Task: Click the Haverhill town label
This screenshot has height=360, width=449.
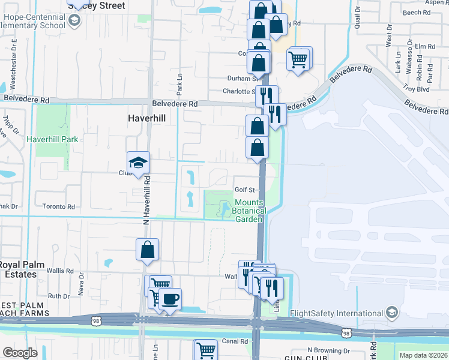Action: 146,119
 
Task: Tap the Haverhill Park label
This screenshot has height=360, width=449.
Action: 52,139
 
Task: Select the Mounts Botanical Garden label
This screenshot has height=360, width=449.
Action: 249,211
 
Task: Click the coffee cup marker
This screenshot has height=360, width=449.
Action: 170,299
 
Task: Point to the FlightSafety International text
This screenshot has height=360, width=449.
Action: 336,313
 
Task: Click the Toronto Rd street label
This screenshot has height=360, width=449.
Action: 59,206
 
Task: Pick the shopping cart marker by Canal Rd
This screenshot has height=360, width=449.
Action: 205,349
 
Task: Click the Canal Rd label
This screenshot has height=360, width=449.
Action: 235,341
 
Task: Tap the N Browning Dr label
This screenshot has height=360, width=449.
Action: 328,350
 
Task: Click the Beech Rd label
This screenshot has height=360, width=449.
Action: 413,12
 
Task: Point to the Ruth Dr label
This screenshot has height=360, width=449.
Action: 59,296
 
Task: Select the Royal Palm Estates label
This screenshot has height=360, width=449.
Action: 18,269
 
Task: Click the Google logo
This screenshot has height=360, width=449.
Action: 20,353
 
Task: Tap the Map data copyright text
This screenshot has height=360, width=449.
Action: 423,355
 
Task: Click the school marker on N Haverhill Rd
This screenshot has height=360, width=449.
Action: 138,163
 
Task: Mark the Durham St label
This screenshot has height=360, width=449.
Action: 241,78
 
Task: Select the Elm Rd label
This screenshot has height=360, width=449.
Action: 424,46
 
